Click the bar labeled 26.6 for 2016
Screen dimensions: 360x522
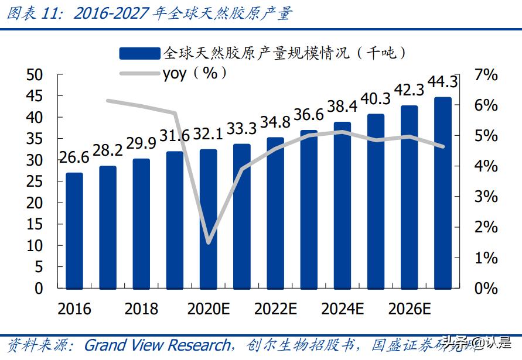(74, 231)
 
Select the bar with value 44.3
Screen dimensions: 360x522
(443, 193)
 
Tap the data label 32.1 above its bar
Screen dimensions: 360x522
(208, 134)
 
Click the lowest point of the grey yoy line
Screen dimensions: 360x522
(209, 242)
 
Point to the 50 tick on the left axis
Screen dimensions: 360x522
(36, 75)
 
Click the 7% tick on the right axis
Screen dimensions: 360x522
(486, 75)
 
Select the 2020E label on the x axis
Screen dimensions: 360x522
(208, 309)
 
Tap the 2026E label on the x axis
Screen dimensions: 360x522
(410, 309)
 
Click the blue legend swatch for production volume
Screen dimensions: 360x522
(139, 54)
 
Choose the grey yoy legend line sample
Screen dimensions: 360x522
(139, 73)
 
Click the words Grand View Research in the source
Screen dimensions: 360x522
(157, 345)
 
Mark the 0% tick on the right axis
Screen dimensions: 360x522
(486, 288)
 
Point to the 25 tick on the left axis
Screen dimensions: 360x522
(36, 181)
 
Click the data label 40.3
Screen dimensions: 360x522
(376, 99)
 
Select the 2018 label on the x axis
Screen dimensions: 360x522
(141, 309)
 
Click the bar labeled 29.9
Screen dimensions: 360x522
(141, 224)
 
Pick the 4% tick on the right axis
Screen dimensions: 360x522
(486, 166)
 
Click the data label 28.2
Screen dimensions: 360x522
(108, 150)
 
